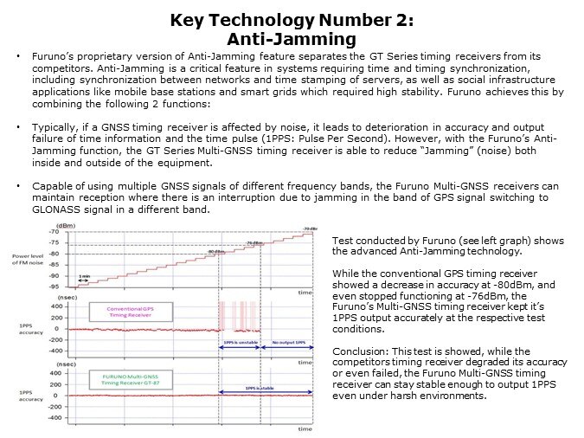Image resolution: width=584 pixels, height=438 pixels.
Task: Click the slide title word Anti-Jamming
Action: (x=292, y=38)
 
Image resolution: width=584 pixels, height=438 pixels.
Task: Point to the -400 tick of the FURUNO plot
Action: (x=53, y=417)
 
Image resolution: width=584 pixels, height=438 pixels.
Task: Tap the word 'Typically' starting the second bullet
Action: (x=52, y=126)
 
